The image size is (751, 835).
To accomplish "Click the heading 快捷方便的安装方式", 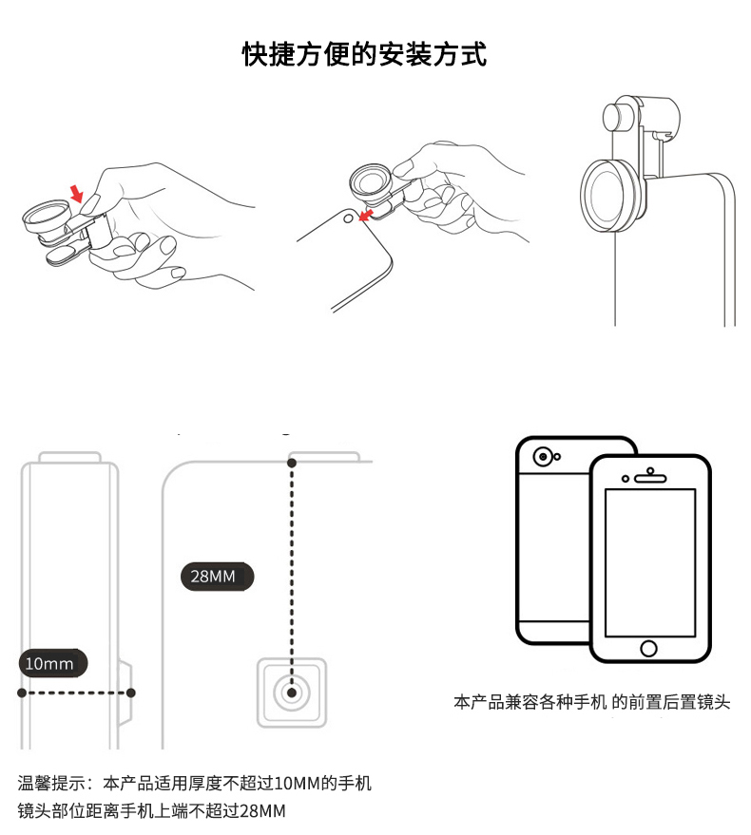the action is coord(365,54).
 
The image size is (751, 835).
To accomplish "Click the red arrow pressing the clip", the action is coord(79,196).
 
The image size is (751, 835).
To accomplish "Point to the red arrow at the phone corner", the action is coord(362,215).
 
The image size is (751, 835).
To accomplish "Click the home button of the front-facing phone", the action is coord(649,648).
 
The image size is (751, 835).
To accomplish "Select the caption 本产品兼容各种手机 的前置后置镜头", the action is coord(592,703).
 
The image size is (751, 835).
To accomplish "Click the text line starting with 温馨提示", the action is coord(195,784).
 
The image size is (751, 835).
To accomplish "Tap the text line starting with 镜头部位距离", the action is coord(152,811).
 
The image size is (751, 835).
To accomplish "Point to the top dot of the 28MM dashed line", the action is coord(292,463).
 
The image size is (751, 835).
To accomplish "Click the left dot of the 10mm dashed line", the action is coord(22,693).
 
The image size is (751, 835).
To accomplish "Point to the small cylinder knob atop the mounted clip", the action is coord(615,118).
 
